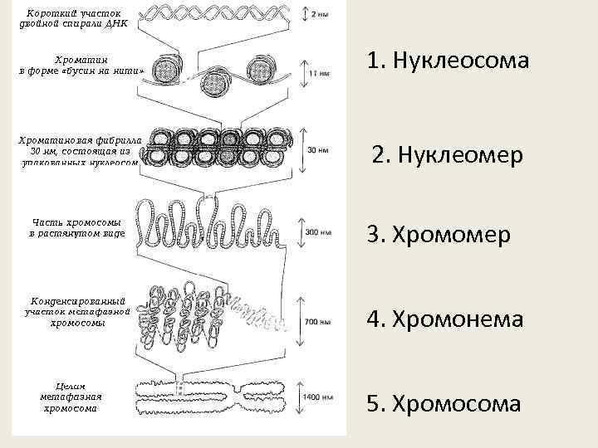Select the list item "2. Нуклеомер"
coord(448,156)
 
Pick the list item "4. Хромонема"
coord(445,319)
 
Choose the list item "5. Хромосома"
coord(444,404)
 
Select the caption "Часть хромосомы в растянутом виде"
coord(76,228)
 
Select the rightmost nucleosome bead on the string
coord(259,68)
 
